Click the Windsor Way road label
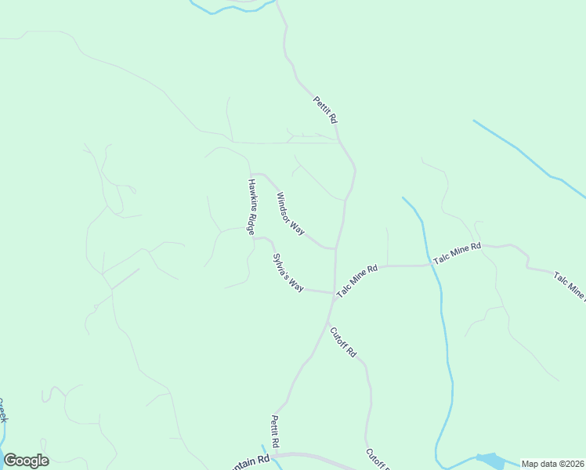pyautogui.click(x=290, y=213)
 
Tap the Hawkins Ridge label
pyautogui.click(x=251, y=207)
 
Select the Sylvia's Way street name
pyautogui.click(x=288, y=273)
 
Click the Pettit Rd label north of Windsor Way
pyautogui.click(x=324, y=109)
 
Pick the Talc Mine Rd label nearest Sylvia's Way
pyautogui.click(x=357, y=280)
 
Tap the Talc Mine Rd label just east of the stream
pyautogui.click(x=457, y=252)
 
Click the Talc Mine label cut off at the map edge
pyautogui.click(x=570, y=286)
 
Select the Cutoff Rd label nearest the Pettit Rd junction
pyautogui.click(x=343, y=342)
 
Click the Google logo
pyautogui.click(x=26, y=461)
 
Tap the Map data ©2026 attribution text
pyautogui.click(x=553, y=464)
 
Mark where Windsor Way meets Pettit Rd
pyautogui.click(x=336, y=249)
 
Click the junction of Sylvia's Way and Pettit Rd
pyautogui.click(x=334, y=293)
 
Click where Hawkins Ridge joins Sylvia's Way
pyautogui.click(x=253, y=237)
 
